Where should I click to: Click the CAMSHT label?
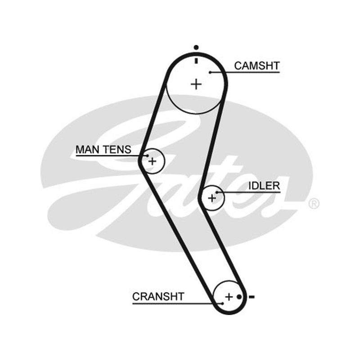(x=257, y=66)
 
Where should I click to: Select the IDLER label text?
(x=264, y=186)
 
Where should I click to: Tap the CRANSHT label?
(x=158, y=297)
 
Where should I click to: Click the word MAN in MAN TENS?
(x=87, y=150)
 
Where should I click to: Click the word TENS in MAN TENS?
(x=117, y=150)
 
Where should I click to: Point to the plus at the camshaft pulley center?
(x=196, y=84)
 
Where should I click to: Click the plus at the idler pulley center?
(x=212, y=198)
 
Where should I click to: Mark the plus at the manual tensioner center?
(x=152, y=161)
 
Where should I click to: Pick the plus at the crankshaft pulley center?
(x=229, y=297)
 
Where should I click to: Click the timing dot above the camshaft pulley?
(x=196, y=48)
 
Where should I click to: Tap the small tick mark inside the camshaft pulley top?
(x=196, y=61)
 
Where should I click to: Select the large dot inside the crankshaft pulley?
(x=239, y=297)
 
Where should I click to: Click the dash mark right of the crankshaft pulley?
(x=252, y=297)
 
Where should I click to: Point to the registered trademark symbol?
(x=314, y=204)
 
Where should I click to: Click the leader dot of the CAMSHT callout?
(x=210, y=72)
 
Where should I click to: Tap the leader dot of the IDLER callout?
(x=217, y=193)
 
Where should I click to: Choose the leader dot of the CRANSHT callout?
(x=222, y=303)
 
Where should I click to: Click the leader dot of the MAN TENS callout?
(x=148, y=156)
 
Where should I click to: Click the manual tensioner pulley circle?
(x=165, y=161)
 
